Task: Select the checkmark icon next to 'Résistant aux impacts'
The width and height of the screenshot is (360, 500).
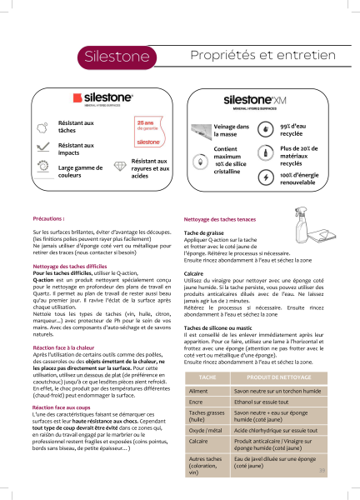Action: (43, 147)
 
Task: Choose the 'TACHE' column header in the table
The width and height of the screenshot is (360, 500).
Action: (208, 377)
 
